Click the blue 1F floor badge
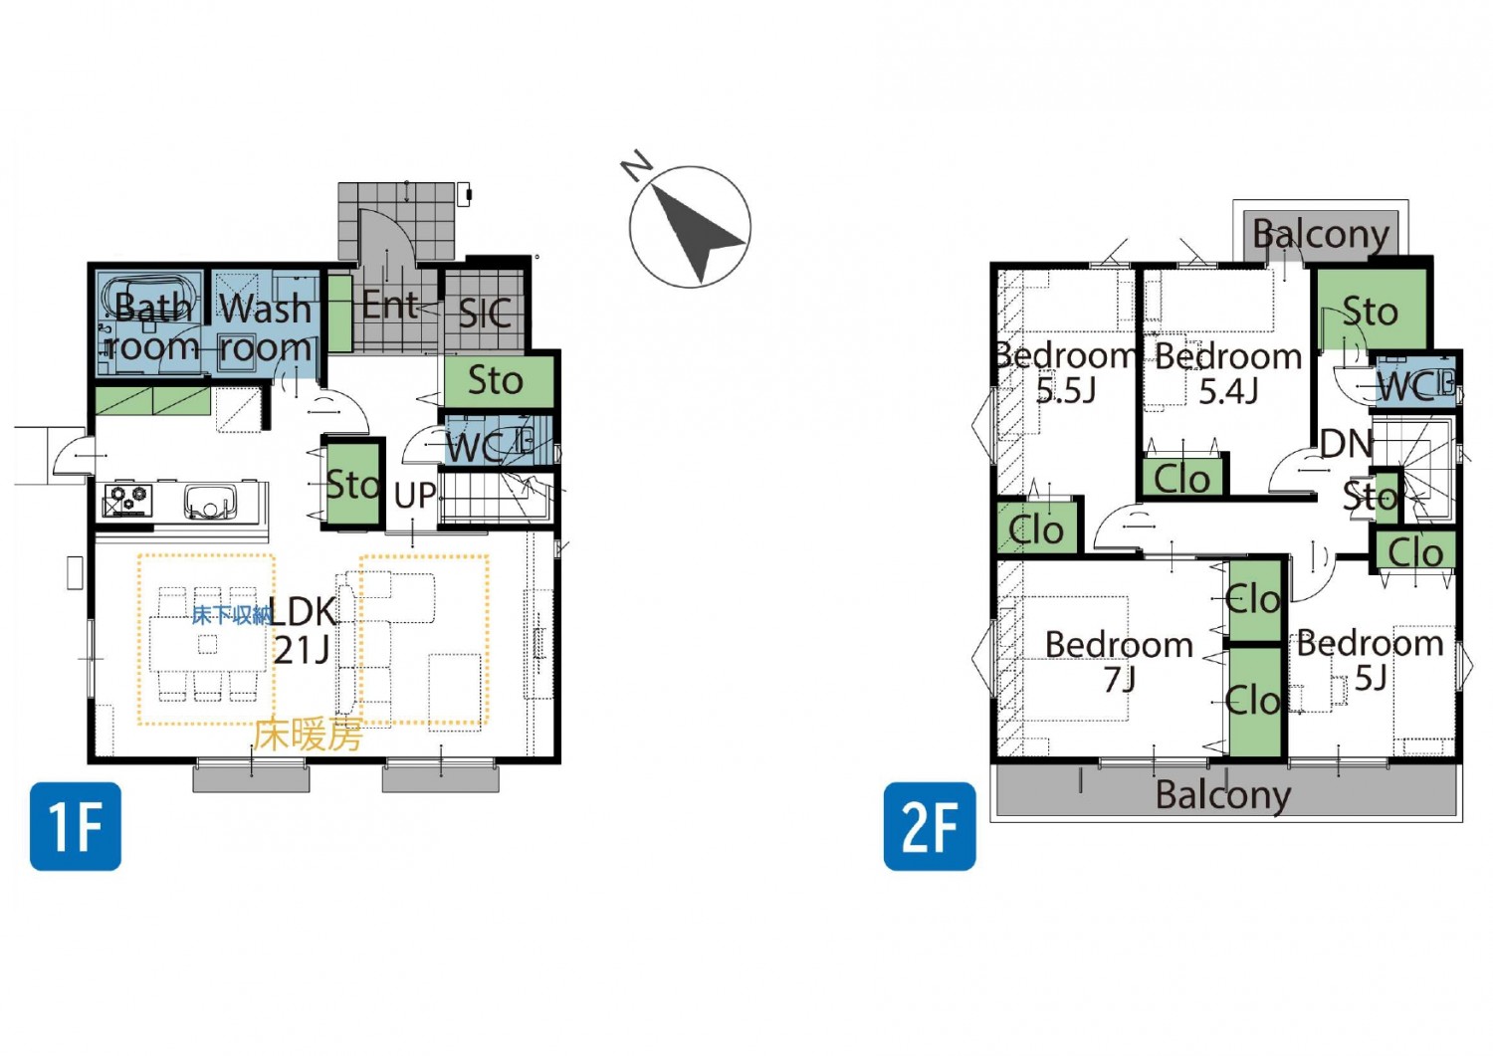(x=76, y=826)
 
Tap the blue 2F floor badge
(x=930, y=826)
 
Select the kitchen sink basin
(x=210, y=502)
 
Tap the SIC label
(x=486, y=314)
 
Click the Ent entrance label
(x=390, y=306)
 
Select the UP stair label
(x=415, y=496)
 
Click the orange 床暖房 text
(x=308, y=735)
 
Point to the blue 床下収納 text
(x=232, y=615)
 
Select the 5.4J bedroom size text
(x=1228, y=391)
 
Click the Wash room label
(x=266, y=328)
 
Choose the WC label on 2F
(x=1404, y=387)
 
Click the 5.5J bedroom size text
(x=1066, y=390)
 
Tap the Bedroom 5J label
(x=1371, y=661)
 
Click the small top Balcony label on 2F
(x=1321, y=235)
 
